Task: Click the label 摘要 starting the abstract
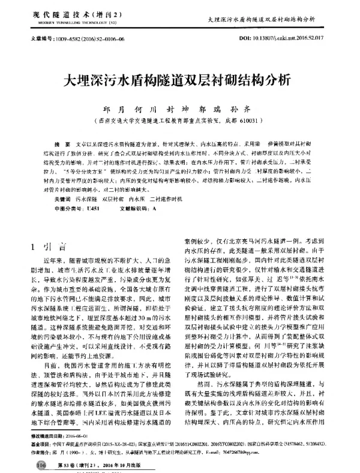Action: pyautogui.click(x=59, y=146)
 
